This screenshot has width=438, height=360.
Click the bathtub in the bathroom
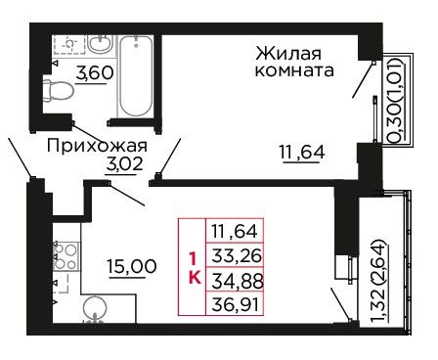136,75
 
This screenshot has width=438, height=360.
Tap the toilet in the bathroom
58,90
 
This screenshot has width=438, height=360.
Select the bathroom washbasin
101,44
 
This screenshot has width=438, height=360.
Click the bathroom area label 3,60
95,72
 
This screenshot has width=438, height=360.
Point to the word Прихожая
97,146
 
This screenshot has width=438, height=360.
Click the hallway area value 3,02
124,164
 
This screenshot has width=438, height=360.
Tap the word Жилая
288,54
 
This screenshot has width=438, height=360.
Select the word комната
294,70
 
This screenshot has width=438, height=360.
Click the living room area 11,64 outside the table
302,153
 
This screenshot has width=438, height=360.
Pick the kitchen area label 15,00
132,267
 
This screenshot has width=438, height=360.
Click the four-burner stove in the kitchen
66,256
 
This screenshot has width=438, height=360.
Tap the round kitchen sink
95,308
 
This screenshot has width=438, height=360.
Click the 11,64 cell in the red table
235,231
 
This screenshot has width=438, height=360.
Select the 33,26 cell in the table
235,256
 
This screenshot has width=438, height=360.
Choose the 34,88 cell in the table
235,281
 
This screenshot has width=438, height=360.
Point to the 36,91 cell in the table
235,304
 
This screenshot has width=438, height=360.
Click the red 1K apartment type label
194,268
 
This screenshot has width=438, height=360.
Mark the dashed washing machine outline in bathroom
69,44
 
